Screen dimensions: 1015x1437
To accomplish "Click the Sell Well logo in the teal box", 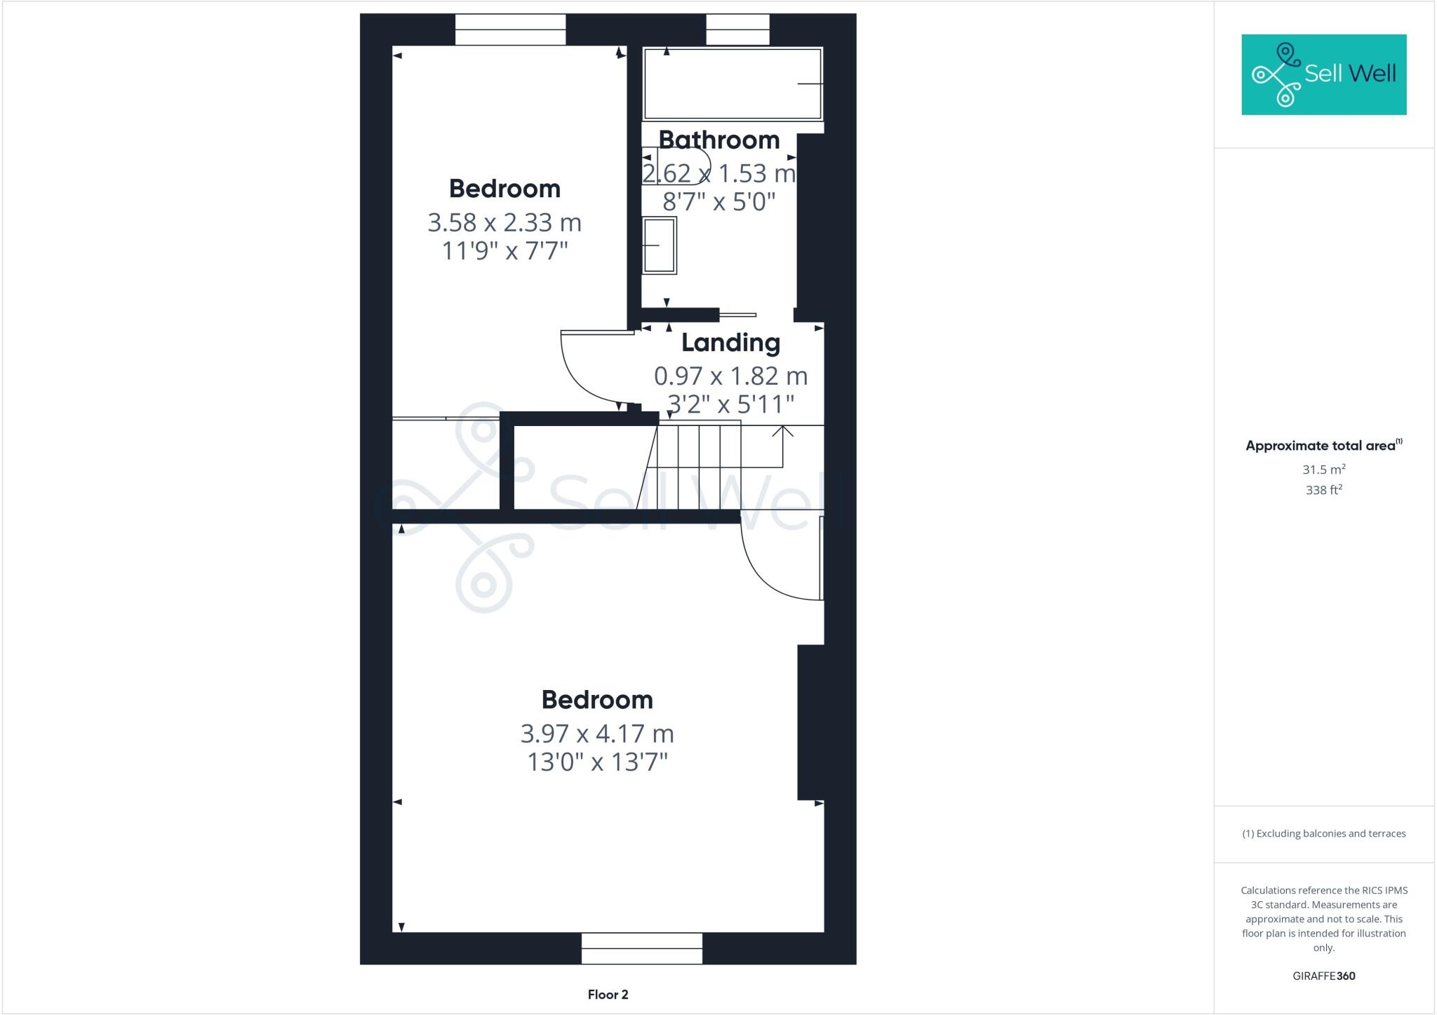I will pos(1323,74).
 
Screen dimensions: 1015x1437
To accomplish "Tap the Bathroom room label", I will pos(718,140).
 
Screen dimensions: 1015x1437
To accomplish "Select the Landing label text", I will pos(730,343).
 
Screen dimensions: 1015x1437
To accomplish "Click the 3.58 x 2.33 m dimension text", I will pos(504,223).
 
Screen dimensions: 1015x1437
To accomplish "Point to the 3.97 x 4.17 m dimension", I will pos(597,734).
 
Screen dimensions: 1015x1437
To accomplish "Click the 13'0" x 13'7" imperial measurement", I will pos(597,762).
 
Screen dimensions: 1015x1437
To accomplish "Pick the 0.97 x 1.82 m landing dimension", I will pos(730,377).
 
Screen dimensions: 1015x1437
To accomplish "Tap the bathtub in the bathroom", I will pos(733,84).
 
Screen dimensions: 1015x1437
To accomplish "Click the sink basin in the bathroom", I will pos(660,245).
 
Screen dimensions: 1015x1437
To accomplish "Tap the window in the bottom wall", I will pos(641,948).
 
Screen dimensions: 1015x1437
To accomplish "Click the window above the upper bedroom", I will pos(510,29).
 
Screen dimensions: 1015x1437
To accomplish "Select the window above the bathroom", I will pos(737,29).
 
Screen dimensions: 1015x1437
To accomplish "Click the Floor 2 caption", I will pos(608,995).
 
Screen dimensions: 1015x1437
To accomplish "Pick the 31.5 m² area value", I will pos(1323,470).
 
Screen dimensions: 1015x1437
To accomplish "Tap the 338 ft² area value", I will pos(1323,490).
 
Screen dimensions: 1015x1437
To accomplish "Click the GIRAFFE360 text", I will pos(1323,976).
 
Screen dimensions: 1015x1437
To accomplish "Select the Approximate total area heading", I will pos(1320,446).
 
